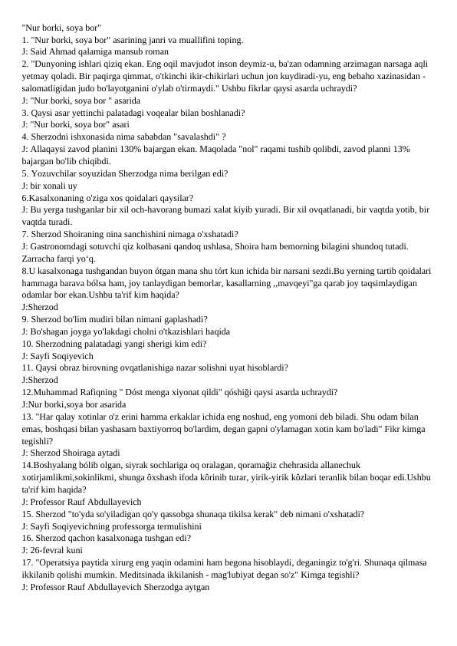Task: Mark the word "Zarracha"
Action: pyautogui.click(x=38, y=259)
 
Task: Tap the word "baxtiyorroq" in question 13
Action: pyautogui.click(x=172, y=429)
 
